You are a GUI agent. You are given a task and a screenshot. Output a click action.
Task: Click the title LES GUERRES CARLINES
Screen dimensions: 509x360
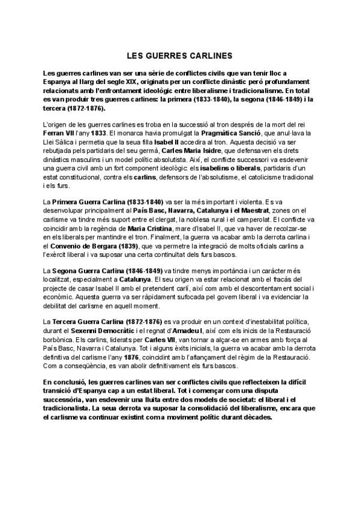point(179,56)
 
